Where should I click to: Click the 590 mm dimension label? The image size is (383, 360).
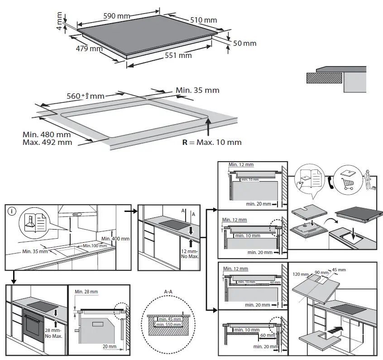click(x=117, y=16)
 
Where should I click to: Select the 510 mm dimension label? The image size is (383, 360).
click(x=204, y=20)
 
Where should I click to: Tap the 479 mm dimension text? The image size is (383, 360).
click(x=89, y=48)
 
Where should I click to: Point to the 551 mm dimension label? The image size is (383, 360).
click(x=178, y=56)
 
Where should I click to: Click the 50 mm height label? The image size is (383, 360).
click(x=244, y=43)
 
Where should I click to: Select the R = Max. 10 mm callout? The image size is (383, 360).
click(x=212, y=142)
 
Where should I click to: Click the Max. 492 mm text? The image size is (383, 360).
click(x=47, y=142)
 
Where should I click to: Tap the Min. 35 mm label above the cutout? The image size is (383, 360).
click(x=197, y=90)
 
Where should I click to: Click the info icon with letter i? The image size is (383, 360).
click(x=12, y=211)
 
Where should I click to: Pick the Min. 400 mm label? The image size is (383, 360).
click(x=115, y=239)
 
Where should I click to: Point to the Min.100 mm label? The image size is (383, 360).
click(x=95, y=245)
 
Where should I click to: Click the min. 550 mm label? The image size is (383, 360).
click(x=168, y=324)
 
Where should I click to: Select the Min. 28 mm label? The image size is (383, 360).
click(x=86, y=292)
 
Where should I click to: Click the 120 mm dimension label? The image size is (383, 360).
click(x=300, y=274)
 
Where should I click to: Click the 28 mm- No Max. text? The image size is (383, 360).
click(x=54, y=333)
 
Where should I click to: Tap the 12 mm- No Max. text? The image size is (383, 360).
click(x=190, y=254)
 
